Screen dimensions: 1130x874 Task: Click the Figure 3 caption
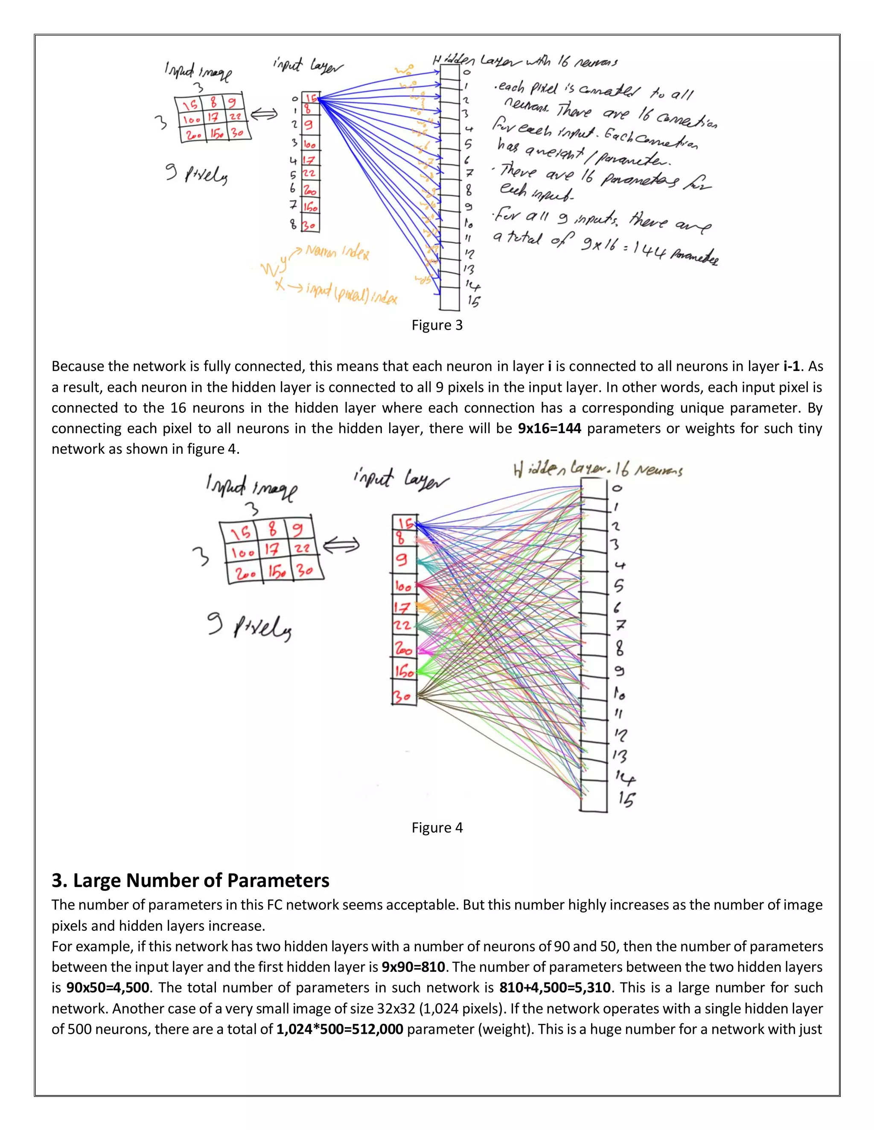[437, 325]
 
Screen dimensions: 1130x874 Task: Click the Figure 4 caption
[437, 827]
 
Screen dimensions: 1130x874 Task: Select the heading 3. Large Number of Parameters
[190, 880]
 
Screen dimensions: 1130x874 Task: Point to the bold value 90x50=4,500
[108, 987]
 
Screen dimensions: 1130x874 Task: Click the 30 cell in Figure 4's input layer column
[404, 696]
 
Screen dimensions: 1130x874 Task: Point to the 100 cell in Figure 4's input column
[403, 586]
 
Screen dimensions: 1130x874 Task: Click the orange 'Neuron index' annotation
[337, 252]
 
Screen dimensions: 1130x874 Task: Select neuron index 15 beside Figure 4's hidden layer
[626, 800]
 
